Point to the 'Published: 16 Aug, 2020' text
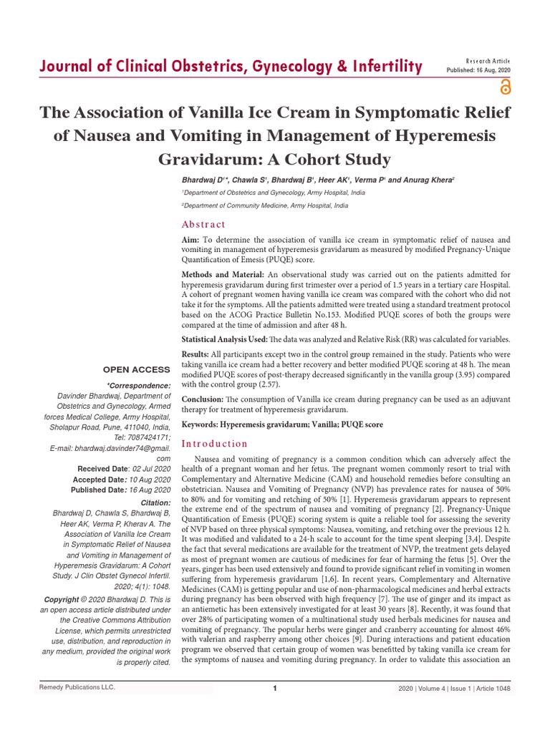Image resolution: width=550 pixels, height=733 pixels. [x=479, y=70]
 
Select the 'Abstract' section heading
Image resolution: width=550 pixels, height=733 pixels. [x=203, y=224]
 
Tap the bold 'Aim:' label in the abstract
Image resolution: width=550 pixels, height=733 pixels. [x=191, y=240]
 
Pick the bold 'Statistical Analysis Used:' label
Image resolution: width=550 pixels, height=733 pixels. [x=224, y=339]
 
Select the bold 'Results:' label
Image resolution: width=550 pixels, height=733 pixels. [x=196, y=355]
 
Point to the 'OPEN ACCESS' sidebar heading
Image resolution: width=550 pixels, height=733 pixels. [x=137, y=369]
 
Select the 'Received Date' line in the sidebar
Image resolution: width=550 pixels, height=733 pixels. [x=123, y=468]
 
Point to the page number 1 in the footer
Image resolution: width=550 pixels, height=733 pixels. [x=275, y=688]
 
